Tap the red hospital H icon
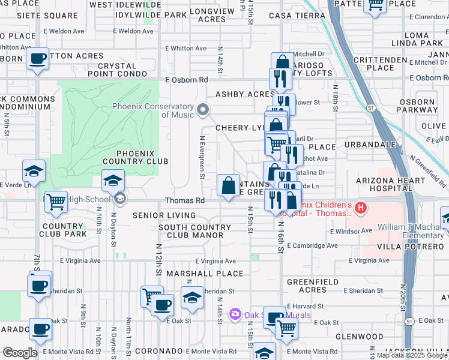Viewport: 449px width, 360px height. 361,209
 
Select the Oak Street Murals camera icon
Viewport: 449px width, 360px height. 235,314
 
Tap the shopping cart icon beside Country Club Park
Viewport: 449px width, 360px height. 56,203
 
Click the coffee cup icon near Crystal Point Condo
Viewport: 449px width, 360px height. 38,59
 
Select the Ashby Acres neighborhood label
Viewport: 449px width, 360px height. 245,94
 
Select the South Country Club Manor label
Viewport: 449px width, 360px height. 194,232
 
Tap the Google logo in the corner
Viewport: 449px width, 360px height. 20,352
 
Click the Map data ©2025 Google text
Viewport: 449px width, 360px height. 412,355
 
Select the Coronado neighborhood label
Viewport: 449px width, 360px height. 158,350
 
